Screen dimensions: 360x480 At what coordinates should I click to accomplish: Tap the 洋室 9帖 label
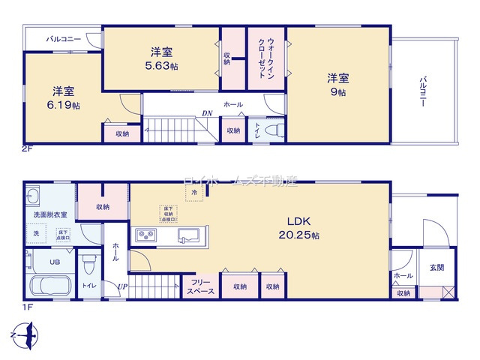pos(337,84)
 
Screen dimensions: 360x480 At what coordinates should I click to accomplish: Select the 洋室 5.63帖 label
pos(163,58)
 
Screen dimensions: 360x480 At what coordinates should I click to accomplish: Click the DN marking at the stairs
pos(205,114)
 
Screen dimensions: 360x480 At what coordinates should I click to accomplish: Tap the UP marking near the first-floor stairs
pos(121,286)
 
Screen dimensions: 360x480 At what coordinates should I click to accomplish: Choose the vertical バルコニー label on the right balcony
pos(424,91)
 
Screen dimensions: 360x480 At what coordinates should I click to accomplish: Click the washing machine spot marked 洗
pos(35,233)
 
